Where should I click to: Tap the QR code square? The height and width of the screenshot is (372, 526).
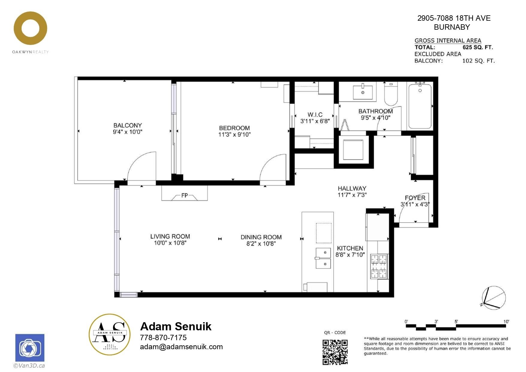click(335, 352)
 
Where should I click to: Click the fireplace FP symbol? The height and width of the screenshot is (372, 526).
click(185, 195)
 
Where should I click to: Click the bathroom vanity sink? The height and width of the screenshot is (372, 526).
click(363, 92)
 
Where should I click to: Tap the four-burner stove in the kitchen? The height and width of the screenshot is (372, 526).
click(379, 266)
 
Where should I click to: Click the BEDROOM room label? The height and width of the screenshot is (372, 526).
click(234, 128)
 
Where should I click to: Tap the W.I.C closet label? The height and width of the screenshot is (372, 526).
click(315, 115)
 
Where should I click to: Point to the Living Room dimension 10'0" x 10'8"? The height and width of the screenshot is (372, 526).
click(170, 243)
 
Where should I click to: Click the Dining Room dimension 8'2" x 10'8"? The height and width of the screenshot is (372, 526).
click(261, 244)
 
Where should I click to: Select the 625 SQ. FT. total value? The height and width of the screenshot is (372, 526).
click(478, 47)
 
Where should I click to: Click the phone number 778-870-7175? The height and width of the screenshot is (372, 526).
click(163, 337)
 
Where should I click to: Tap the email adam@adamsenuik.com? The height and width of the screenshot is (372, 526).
click(181, 347)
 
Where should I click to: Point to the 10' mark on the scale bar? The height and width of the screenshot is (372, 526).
click(506, 322)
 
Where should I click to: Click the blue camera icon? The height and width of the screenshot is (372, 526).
click(30, 348)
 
